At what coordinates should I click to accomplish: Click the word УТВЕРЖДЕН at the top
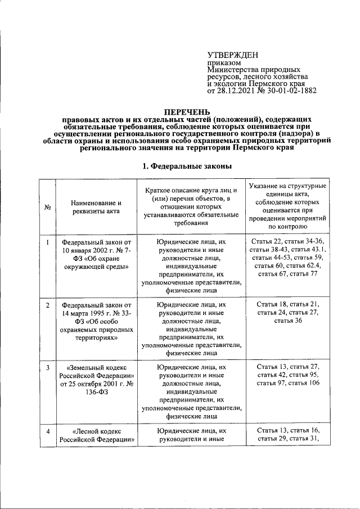coord(232,55)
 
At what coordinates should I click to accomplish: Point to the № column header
coord(48,207)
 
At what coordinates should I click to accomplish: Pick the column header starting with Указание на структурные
coord(287,206)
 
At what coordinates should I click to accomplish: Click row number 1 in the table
coord(48,242)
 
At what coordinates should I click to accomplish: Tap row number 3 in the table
coord(48,367)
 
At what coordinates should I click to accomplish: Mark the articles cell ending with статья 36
coord(287,312)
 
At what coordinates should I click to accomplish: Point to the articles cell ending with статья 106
coord(287,375)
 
